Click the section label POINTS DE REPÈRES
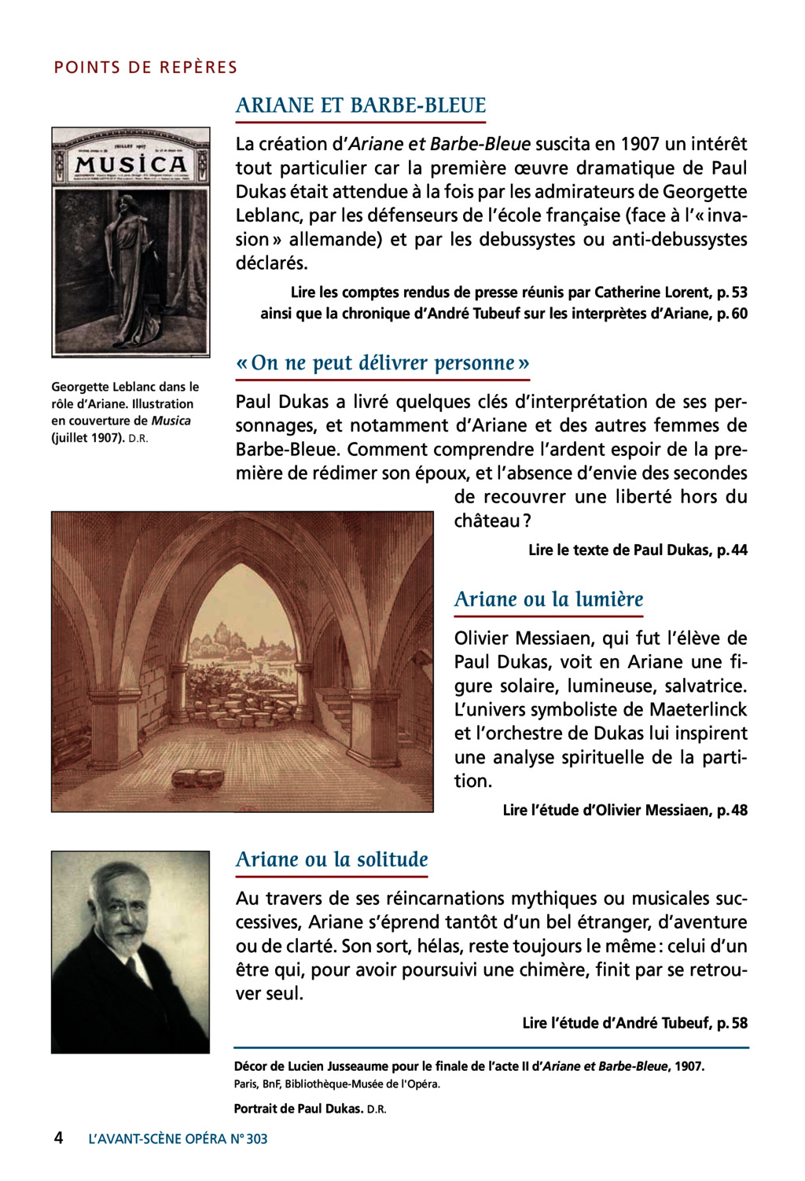[145, 68]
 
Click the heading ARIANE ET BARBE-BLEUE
[361, 106]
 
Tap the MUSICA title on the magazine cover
[131, 164]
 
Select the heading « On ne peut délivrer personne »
[383, 363]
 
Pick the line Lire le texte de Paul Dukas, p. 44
[638, 550]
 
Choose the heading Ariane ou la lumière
[549, 600]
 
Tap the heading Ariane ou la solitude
[332, 860]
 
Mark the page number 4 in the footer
[58, 1138]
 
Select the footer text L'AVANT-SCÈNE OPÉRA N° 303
[178, 1139]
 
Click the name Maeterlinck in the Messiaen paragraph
[698, 710]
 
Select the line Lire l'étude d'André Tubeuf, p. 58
[634, 1024]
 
